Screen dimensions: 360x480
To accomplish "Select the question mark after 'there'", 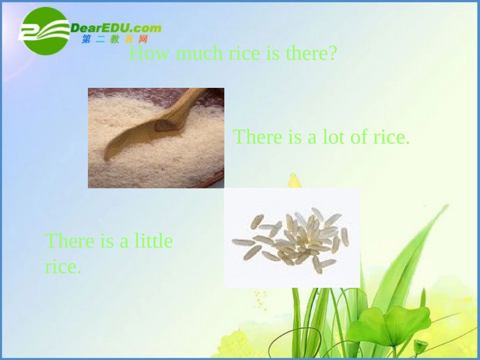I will coord(332,53).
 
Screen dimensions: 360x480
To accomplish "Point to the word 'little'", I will coord(154,241).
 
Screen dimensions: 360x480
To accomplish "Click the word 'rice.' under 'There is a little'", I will coord(63,267).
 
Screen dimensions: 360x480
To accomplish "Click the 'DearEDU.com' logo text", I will coord(116,28).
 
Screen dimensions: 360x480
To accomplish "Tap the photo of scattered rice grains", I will coord(292,238).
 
